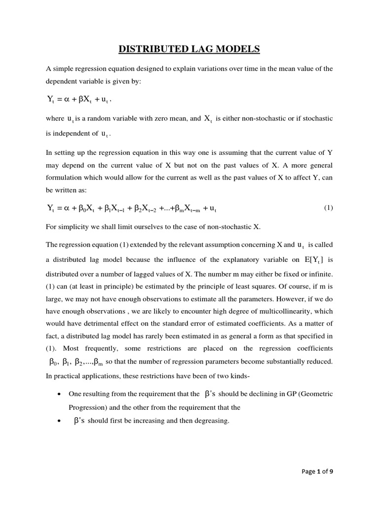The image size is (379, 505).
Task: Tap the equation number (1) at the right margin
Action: [328, 208]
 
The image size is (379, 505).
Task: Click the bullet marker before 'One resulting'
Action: [59, 395]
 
